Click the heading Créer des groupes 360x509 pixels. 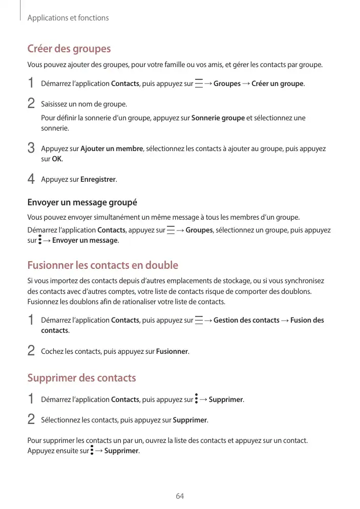click(x=69, y=49)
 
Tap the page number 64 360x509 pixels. click(x=180, y=496)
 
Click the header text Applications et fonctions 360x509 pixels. click(x=68, y=18)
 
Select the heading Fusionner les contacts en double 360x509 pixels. click(x=102, y=265)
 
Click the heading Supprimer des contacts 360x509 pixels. click(x=81, y=378)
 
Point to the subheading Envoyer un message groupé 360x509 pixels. click(x=82, y=202)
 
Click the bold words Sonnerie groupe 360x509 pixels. click(x=218, y=118)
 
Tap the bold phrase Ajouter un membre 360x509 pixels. click(x=112, y=149)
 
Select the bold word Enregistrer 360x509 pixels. click(x=98, y=180)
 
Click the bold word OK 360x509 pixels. click(x=57, y=159)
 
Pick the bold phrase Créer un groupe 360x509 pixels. click(x=278, y=84)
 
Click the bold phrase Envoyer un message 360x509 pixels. click(x=85, y=241)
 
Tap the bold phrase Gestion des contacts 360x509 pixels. click(x=246, y=321)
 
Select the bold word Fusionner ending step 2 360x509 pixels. click(x=172, y=352)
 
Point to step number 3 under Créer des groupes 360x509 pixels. click(x=31, y=149)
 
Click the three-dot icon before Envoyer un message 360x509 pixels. click(x=40, y=240)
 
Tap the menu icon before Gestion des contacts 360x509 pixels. click(x=198, y=321)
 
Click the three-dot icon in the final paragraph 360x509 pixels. click(x=92, y=451)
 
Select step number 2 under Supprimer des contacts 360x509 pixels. click(x=31, y=420)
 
